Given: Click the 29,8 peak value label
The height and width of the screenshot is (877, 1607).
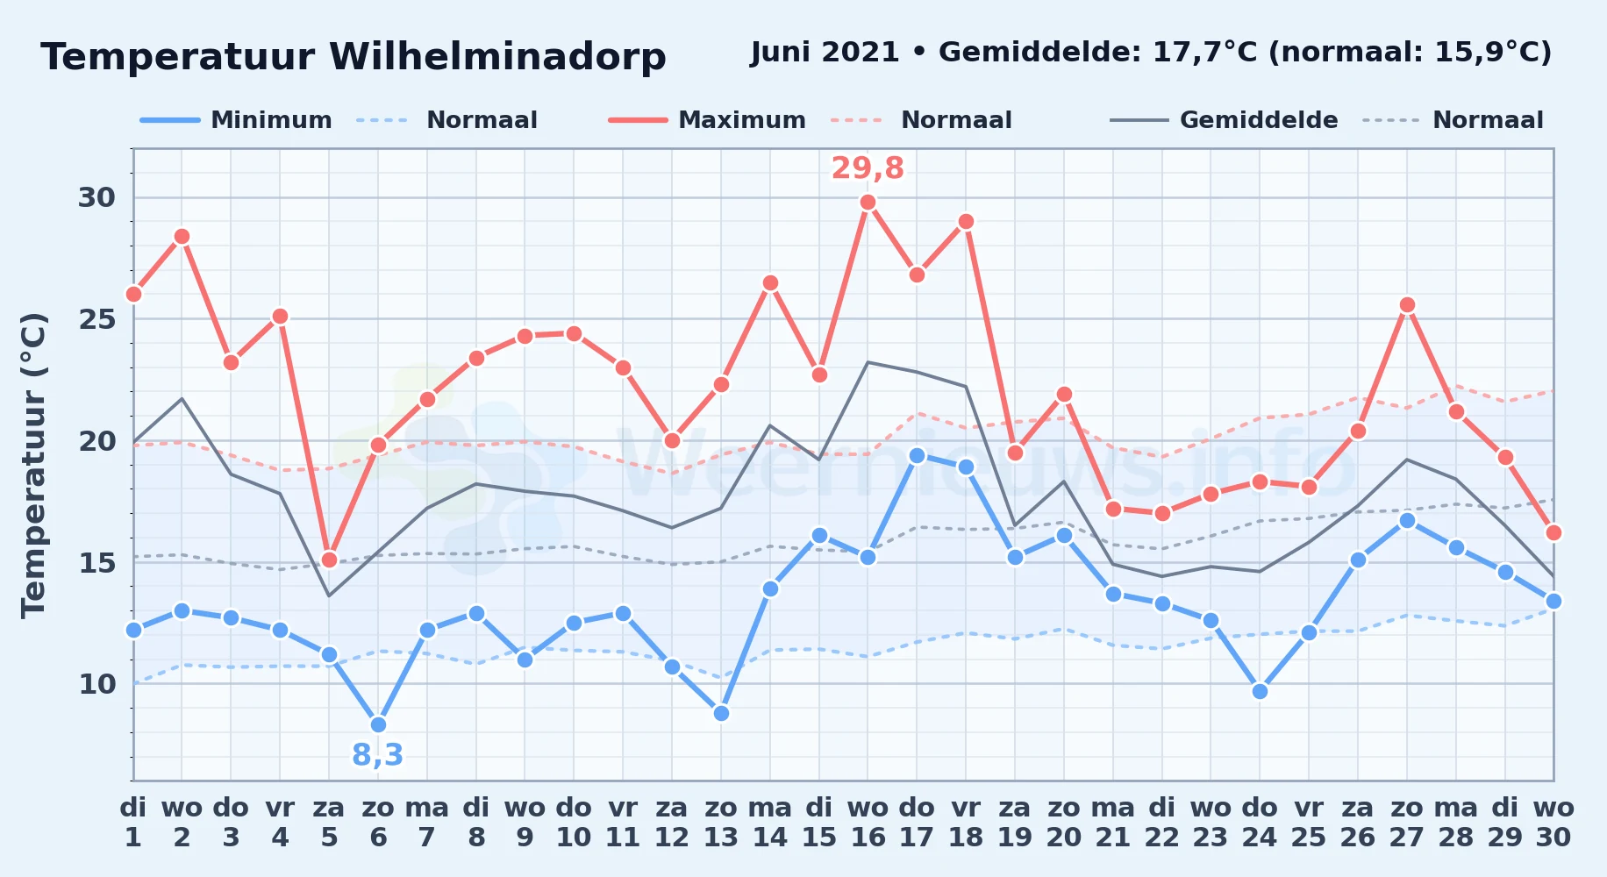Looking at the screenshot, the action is coord(868,168).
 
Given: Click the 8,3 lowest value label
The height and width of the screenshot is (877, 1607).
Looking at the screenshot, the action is coord(378,754).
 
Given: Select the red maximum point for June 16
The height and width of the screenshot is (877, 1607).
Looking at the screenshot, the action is coord(868,203).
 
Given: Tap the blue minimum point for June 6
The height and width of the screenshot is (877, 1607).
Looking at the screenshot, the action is coord(378,724).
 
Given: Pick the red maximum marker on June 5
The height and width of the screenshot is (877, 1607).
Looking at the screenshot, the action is coord(329,560).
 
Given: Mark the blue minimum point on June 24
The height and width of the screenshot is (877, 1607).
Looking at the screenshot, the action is coord(1260,691).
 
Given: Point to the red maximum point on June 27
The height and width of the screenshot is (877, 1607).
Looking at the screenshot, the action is coord(1407,305).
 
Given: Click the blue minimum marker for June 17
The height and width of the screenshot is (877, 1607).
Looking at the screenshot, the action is coord(917,455).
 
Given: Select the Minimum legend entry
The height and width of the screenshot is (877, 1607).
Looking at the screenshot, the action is coord(236,120).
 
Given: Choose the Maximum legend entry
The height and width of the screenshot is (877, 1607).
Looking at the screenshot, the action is coord(707,120).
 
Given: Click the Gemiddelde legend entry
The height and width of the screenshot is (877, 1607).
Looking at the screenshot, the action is coord(1224,120).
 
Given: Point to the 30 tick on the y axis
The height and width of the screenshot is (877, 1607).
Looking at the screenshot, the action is coord(96,197).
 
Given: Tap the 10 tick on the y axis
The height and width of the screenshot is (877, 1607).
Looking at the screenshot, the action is coord(96,683).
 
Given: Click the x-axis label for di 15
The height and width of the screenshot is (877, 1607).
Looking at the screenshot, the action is coord(819,822).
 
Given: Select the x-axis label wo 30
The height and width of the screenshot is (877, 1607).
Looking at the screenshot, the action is coord(1553,822).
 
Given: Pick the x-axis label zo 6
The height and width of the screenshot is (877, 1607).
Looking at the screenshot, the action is coord(378,822).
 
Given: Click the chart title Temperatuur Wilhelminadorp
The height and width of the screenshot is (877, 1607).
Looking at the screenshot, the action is coord(354,58).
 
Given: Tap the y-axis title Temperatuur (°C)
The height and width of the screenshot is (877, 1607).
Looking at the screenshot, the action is coord(33,465).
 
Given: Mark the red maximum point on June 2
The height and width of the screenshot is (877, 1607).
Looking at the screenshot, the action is coord(182,237).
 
